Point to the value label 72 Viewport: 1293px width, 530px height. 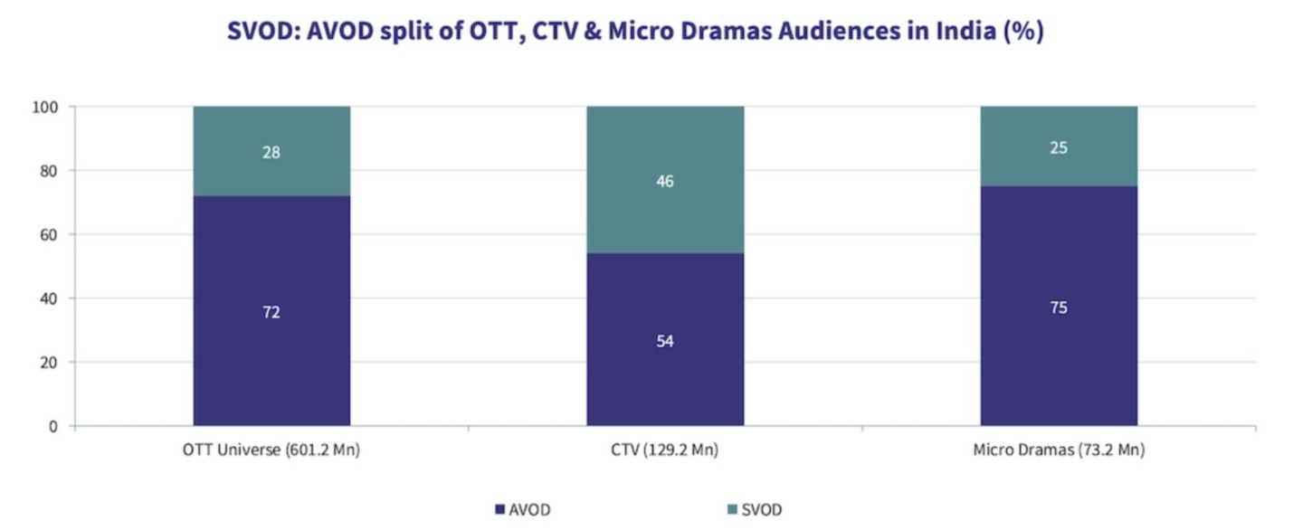coord(271,312)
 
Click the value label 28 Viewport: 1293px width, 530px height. coord(271,152)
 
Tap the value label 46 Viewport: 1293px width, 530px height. coord(665,181)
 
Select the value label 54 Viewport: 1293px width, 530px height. coord(665,341)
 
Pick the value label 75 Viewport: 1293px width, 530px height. coord(1059,308)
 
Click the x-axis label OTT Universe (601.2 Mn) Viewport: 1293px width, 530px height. coord(271,450)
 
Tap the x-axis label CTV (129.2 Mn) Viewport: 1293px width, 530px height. coord(665,450)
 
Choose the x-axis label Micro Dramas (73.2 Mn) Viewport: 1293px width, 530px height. coord(1059,450)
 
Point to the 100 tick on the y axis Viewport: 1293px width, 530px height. coord(46,107)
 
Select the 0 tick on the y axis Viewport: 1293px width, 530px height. coord(53,426)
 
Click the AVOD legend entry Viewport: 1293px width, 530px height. coord(522,510)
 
